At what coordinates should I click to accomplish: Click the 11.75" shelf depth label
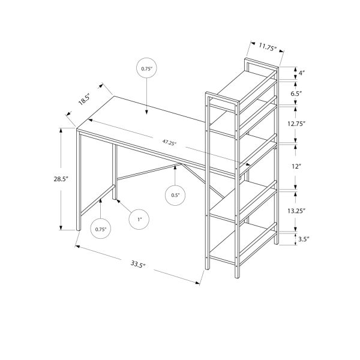click(x=267, y=46)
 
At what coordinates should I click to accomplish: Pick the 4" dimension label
click(x=302, y=74)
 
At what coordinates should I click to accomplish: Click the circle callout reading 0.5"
click(x=175, y=195)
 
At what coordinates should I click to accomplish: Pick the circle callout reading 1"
click(x=139, y=220)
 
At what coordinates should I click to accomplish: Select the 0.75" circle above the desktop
click(x=147, y=69)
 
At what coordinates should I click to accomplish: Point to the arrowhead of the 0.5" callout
click(x=175, y=167)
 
